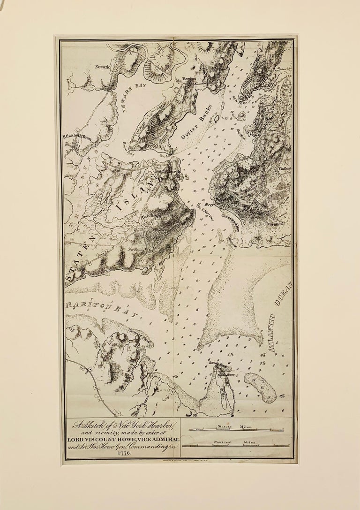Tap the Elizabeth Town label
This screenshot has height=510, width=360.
click(x=76, y=137)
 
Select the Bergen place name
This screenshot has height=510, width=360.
click(x=189, y=79)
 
